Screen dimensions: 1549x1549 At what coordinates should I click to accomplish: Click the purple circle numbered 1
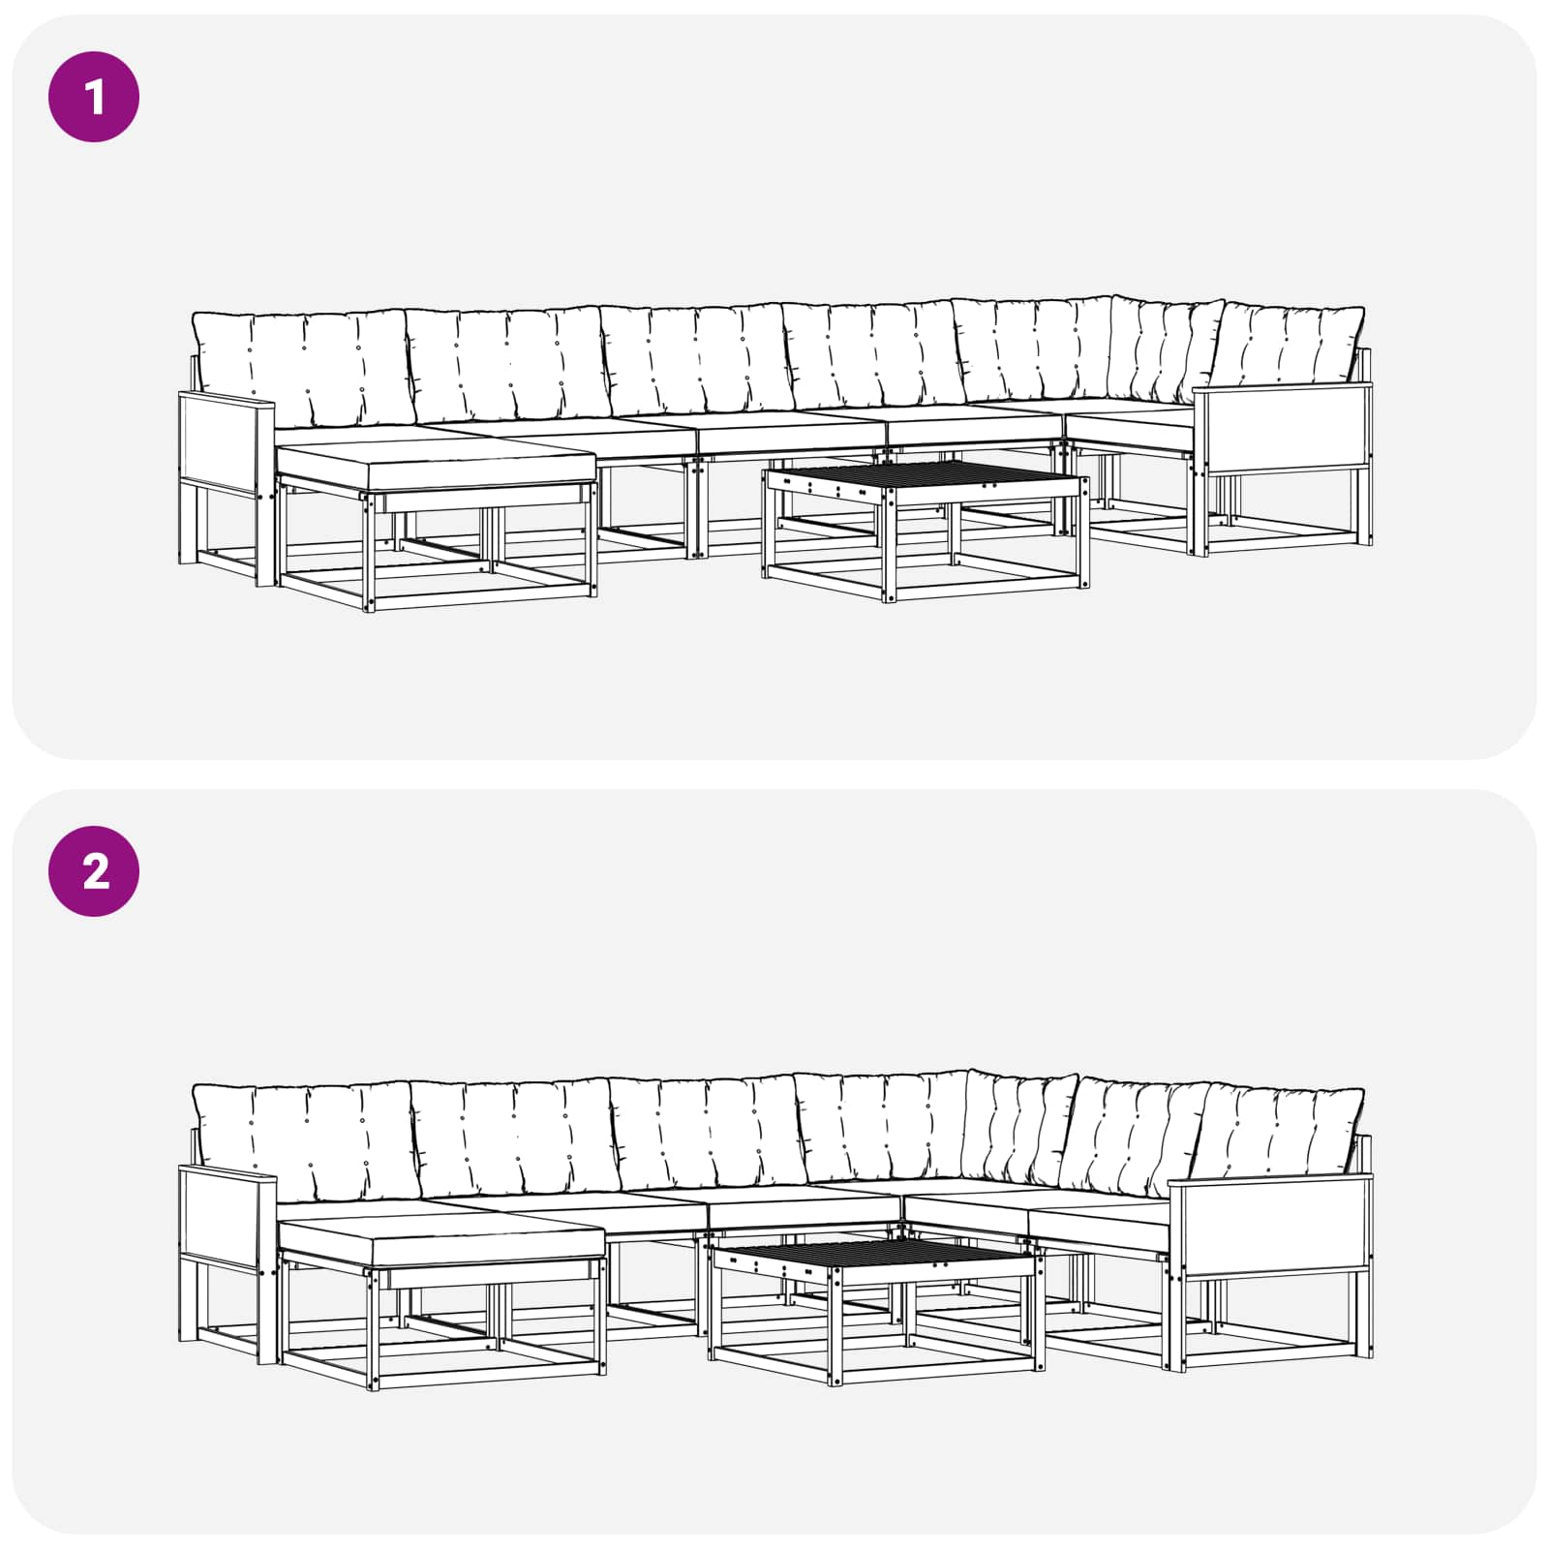tap(94, 97)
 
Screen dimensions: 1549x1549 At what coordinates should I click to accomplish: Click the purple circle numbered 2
tap(94, 871)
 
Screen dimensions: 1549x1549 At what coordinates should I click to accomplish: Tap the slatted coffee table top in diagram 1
tap(925, 475)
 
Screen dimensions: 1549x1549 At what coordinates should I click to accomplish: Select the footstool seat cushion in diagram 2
tap(440, 1243)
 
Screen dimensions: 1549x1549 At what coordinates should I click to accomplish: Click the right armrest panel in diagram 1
tap(1282, 427)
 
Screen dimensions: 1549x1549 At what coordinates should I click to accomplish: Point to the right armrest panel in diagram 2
tap(1270, 1225)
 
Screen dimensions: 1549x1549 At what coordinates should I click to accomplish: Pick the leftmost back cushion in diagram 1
tap(302, 369)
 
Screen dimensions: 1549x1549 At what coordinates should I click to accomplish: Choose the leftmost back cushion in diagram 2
tap(304, 1142)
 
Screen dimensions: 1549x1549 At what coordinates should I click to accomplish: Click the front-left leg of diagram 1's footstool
tap(368, 553)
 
